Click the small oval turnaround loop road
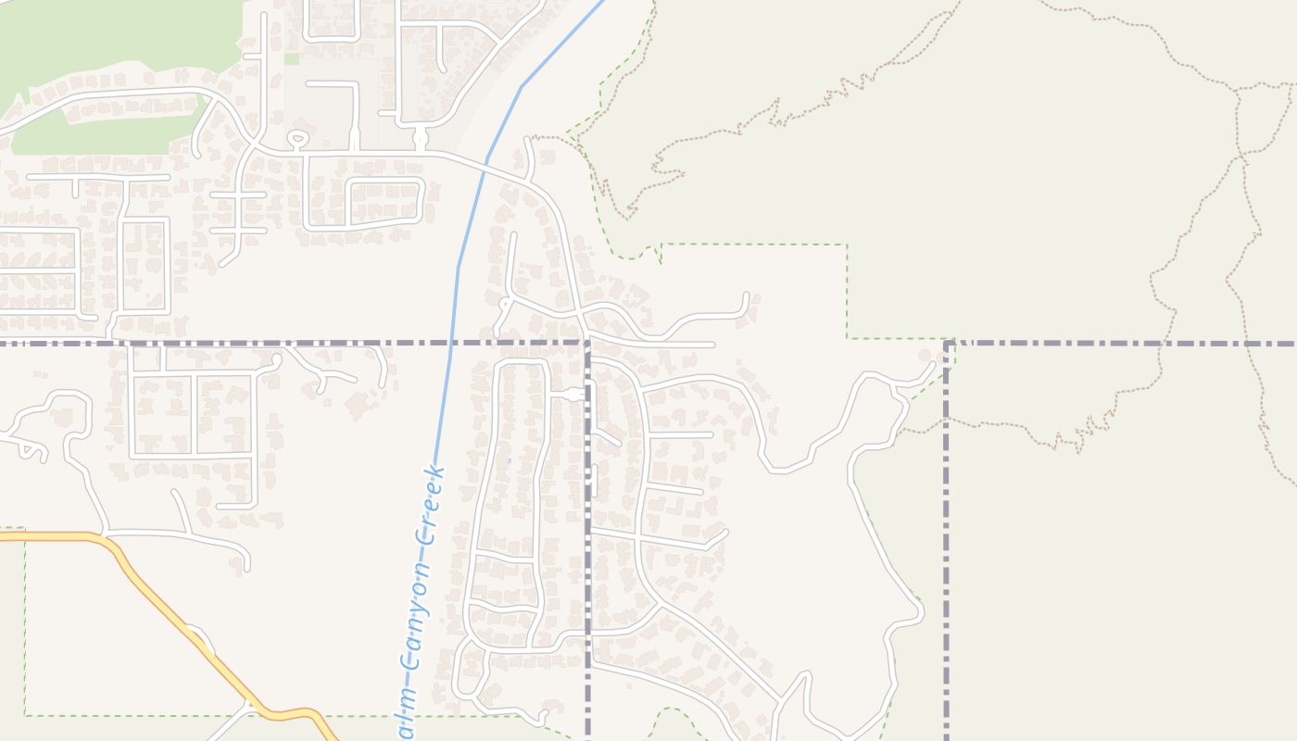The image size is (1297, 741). pos(297,140)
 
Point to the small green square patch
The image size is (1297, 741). pos(292,58)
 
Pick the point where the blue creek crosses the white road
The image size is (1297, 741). pos(486,165)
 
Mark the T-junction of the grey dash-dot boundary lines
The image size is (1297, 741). pos(587,344)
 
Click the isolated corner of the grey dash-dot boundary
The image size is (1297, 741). pos(947,344)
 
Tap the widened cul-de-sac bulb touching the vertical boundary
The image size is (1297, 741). pos(574,395)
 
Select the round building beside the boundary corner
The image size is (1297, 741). pos(924,356)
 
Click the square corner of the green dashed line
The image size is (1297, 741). pos(846,245)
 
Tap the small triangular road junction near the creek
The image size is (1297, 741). pos(505,303)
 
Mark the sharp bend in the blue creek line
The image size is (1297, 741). pos(522,86)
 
